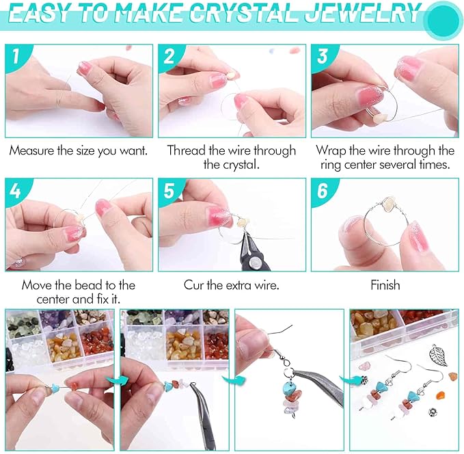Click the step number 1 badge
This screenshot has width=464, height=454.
click(16, 58)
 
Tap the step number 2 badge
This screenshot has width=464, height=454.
click(168, 58)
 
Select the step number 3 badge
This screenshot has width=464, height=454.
click(321, 58)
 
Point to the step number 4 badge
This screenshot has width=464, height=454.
click(16, 192)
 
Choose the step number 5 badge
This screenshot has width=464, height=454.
click(168, 192)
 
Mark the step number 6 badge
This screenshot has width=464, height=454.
click(321, 192)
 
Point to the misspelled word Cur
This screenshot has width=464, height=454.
click(194, 285)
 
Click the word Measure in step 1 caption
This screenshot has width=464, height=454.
click(33, 150)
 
